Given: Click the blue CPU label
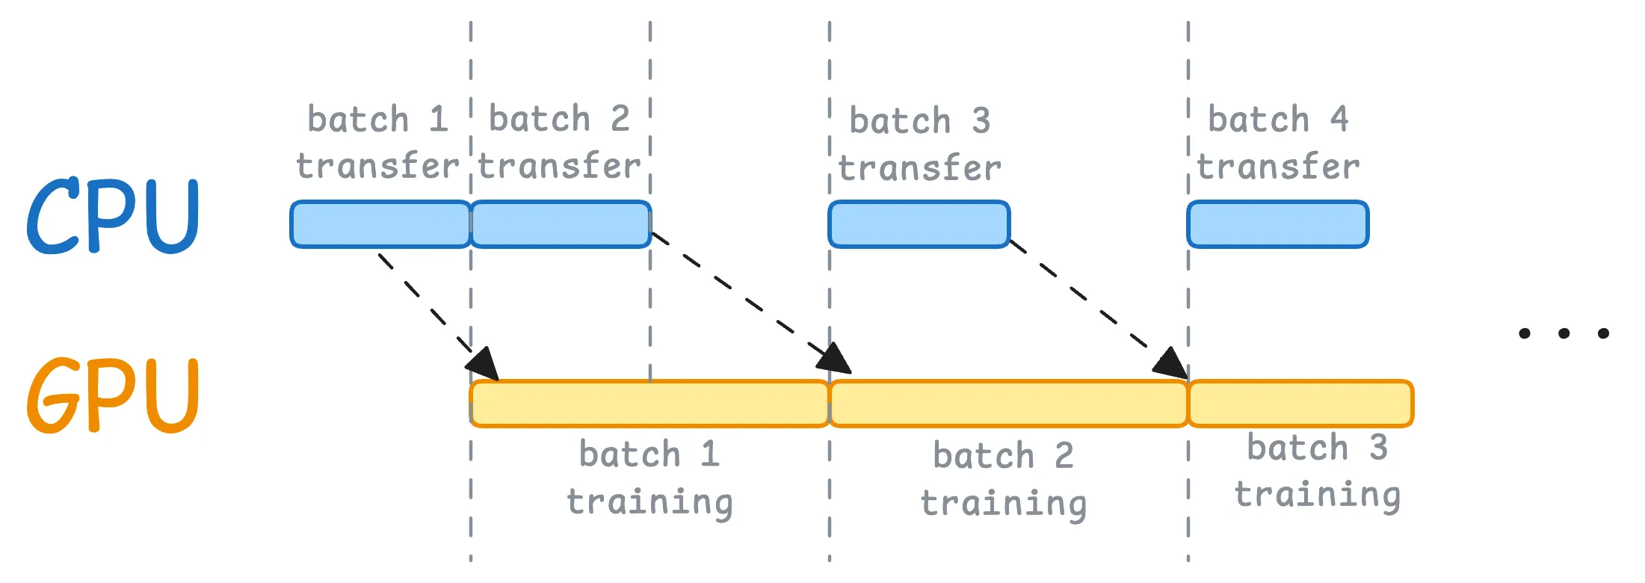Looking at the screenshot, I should (112, 216).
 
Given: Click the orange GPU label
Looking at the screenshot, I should (112, 395).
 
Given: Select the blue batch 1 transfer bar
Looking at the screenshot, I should (380, 224).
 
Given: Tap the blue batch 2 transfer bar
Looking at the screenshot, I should (561, 224).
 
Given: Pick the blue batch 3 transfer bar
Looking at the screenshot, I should (919, 224).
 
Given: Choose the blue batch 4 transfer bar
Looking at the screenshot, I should (1278, 224).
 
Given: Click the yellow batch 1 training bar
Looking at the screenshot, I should (649, 404).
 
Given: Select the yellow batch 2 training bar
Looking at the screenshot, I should (1008, 404).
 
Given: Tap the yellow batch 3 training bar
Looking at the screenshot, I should (1300, 404).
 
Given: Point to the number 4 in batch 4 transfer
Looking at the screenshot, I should (1339, 120).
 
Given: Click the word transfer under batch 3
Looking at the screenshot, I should (919, 168).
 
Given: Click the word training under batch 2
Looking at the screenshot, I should (1004, 504).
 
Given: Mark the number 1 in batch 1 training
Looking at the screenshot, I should (710, 454).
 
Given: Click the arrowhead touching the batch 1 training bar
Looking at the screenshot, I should (484, 365).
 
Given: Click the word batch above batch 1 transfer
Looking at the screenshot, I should (358, 120).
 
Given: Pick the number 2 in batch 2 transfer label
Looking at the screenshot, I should (620, 120).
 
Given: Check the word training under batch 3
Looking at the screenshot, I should (1317, 496).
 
